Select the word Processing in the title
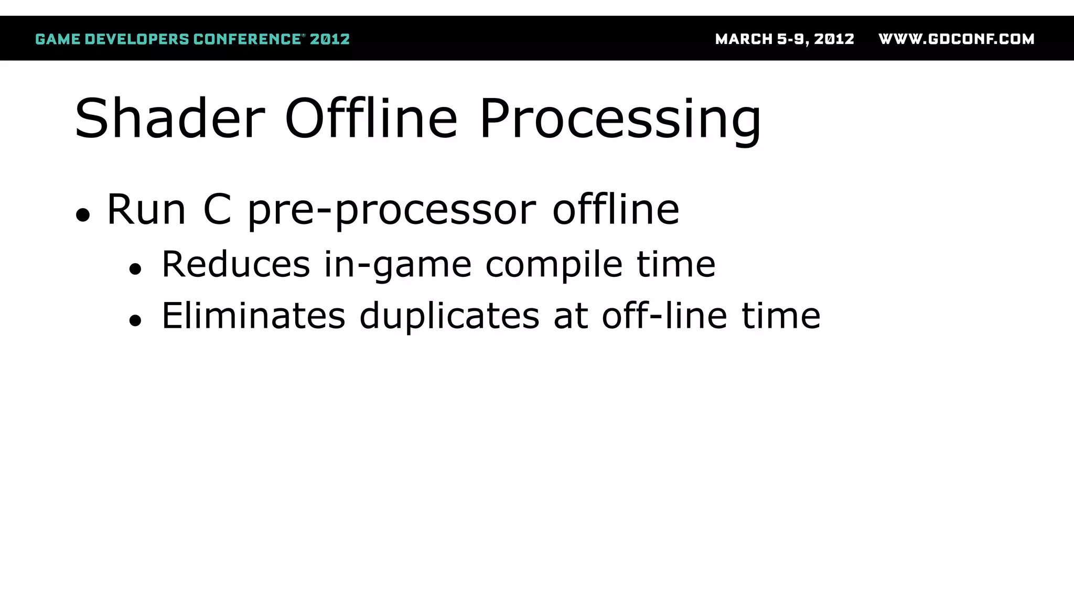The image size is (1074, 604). [x=620, y=120]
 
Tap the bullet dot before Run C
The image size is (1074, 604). [x=83, y=215]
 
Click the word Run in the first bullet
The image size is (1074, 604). [x=146, y=210]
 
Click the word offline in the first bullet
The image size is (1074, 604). [x=616, y=209]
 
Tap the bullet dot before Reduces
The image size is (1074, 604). [x=135, y=269]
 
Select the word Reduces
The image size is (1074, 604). [x=235, y=264]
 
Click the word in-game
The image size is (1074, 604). [x=398, y=265]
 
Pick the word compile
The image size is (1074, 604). [x=554, y=265]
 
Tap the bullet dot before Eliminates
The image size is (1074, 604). [x=135, y=320]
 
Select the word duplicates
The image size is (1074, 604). [x=449, y=317]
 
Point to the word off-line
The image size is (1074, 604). [x=664, y=316]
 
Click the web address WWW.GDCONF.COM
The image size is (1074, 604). [x=956, y=39]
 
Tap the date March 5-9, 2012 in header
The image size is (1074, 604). [x=785, y=39]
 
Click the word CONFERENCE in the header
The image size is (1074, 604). [x=247, y=39]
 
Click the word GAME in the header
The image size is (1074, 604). [x=58, y=39]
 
